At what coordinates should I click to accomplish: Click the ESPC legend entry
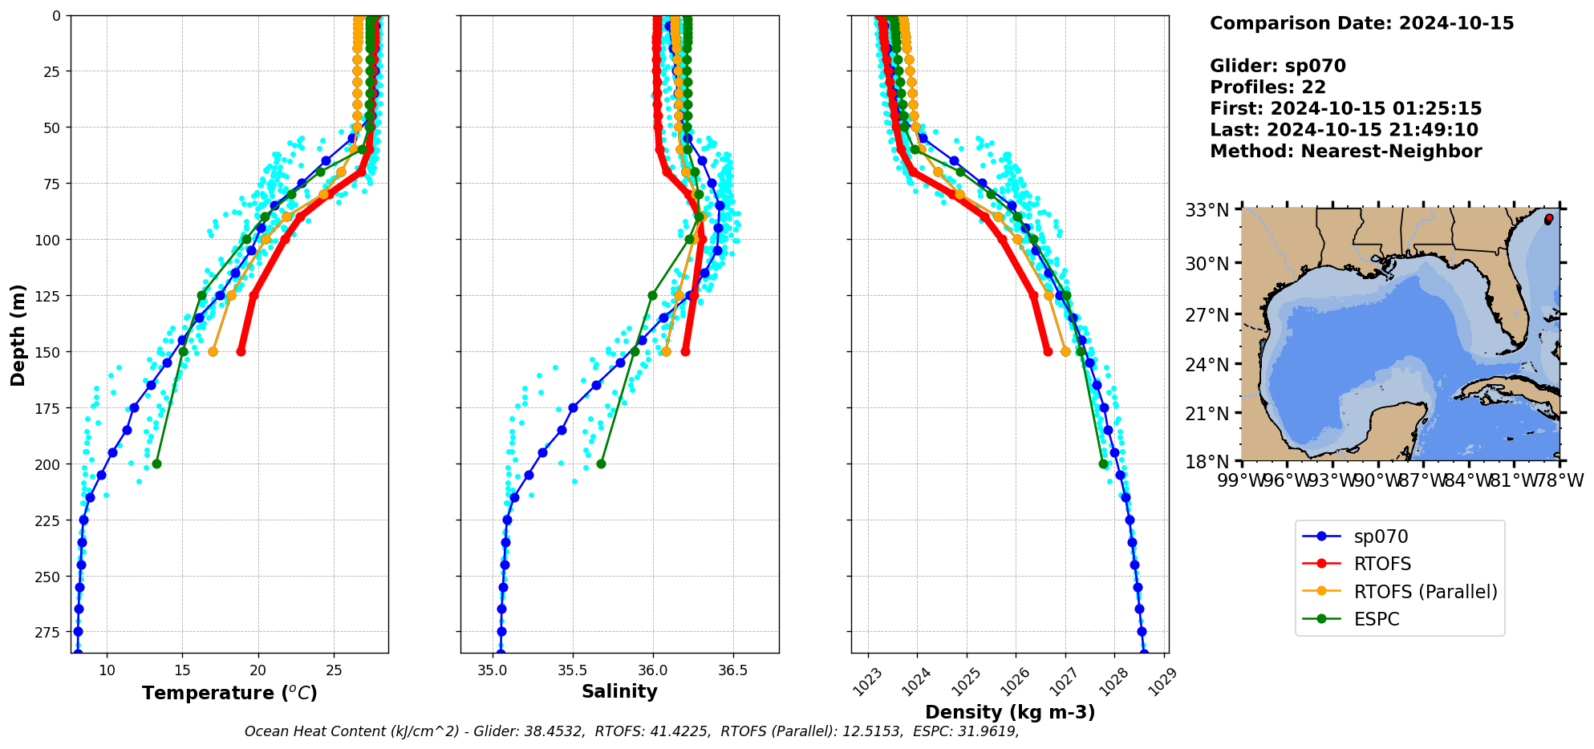[x=1376, y=619]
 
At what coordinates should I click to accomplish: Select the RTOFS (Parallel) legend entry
[x=1425, y=592]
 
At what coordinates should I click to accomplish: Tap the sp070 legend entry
[x=1381, y=536]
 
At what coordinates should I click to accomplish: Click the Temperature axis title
[x=229, y=693]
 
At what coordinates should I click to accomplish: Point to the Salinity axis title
[x=619, y=691]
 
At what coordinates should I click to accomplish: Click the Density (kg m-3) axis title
[x=1009, y=712]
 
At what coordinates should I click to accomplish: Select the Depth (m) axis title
[x=18, y=334]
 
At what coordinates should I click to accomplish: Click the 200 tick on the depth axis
[x=49, y=464]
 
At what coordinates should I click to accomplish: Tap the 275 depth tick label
[x=49, y=633]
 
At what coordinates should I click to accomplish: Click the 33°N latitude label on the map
[x=1207, y=211]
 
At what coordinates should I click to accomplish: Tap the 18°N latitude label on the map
[x=1207, y=462]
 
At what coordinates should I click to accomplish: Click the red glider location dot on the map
[x=1548, y=218]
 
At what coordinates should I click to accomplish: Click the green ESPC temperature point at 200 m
[x=156, y=464]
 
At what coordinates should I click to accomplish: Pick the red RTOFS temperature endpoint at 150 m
[x=241, y=351]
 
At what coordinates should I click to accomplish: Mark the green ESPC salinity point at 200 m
[x=601, y=464]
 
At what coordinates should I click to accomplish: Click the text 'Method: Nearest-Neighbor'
[x=1345, y=152]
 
